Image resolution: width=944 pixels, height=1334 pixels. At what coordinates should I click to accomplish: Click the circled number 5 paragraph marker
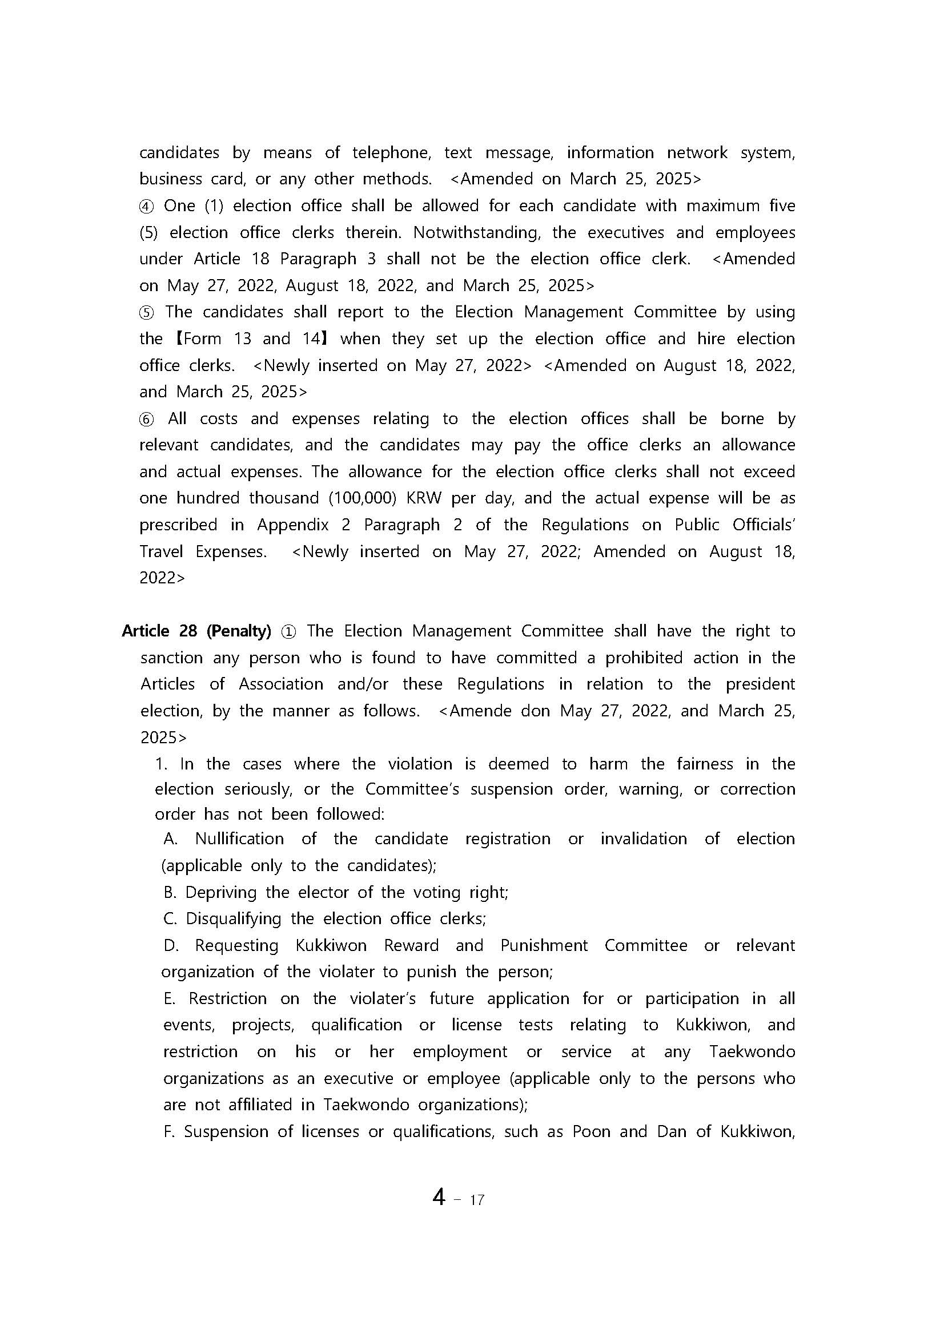146,313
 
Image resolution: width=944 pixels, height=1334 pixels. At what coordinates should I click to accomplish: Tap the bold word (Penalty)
238,631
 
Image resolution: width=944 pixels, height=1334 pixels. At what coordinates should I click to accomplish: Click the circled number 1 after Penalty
288,631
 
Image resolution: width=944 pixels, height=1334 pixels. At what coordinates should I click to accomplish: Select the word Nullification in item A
239,839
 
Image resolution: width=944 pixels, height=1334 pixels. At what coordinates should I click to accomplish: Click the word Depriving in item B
220,892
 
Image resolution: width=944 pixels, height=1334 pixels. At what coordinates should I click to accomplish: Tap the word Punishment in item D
544,946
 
